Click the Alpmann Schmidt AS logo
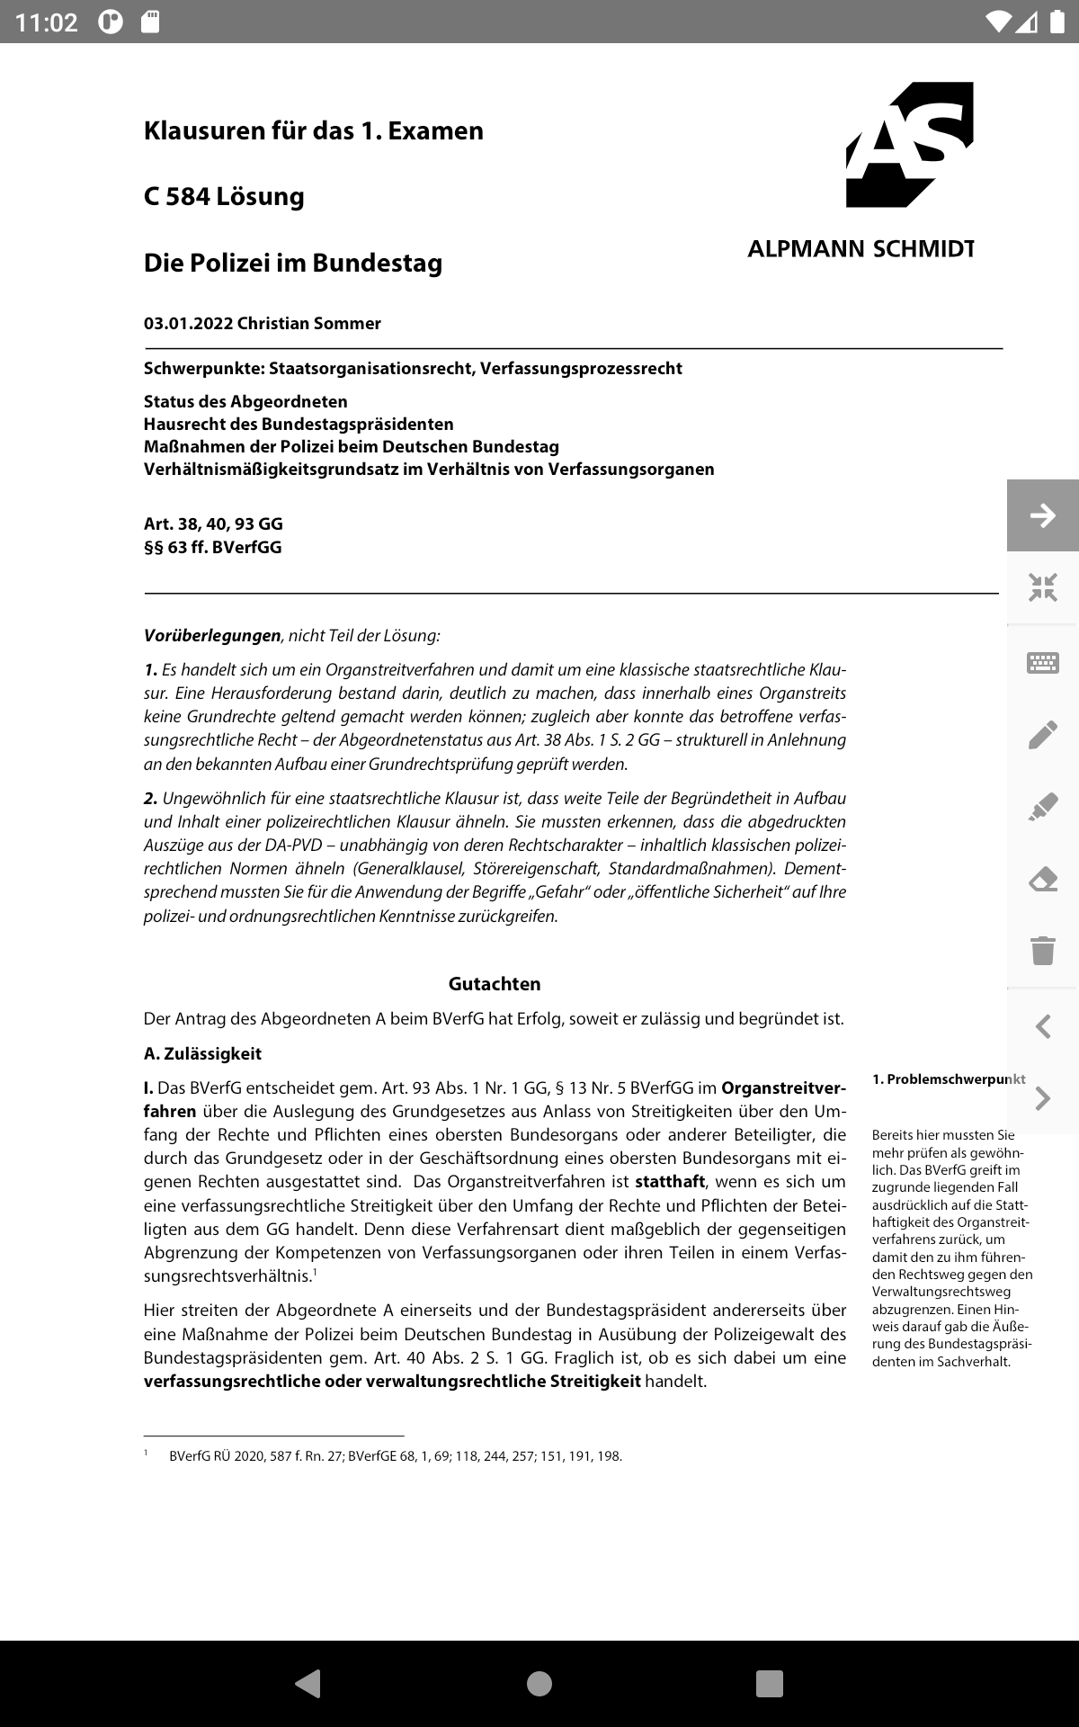click(909, 145)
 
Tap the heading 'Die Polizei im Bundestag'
click(293, 263)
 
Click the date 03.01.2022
click(188, 324)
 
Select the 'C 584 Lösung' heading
click(224, 196)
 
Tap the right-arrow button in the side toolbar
click(1042, 515)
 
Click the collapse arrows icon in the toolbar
click(1042, 588)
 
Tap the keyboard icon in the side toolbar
click(1042, 664)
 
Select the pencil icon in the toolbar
click(1042, 735)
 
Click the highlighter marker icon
click(1042, 807)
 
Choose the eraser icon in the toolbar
click(1042, 879)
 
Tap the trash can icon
click(1042, 950)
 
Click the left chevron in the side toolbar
click(1042, 1026)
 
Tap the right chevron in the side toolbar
click(1042, 1098)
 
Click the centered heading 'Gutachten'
click(495, 984)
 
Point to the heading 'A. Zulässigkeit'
click(202, 1053)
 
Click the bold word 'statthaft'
click(669, 1182)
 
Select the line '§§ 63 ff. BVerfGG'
click(212, 547)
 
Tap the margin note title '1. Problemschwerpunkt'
click(948, 1079)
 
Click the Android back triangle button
click(308, 1683)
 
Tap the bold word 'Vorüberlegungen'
click(212, 636)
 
